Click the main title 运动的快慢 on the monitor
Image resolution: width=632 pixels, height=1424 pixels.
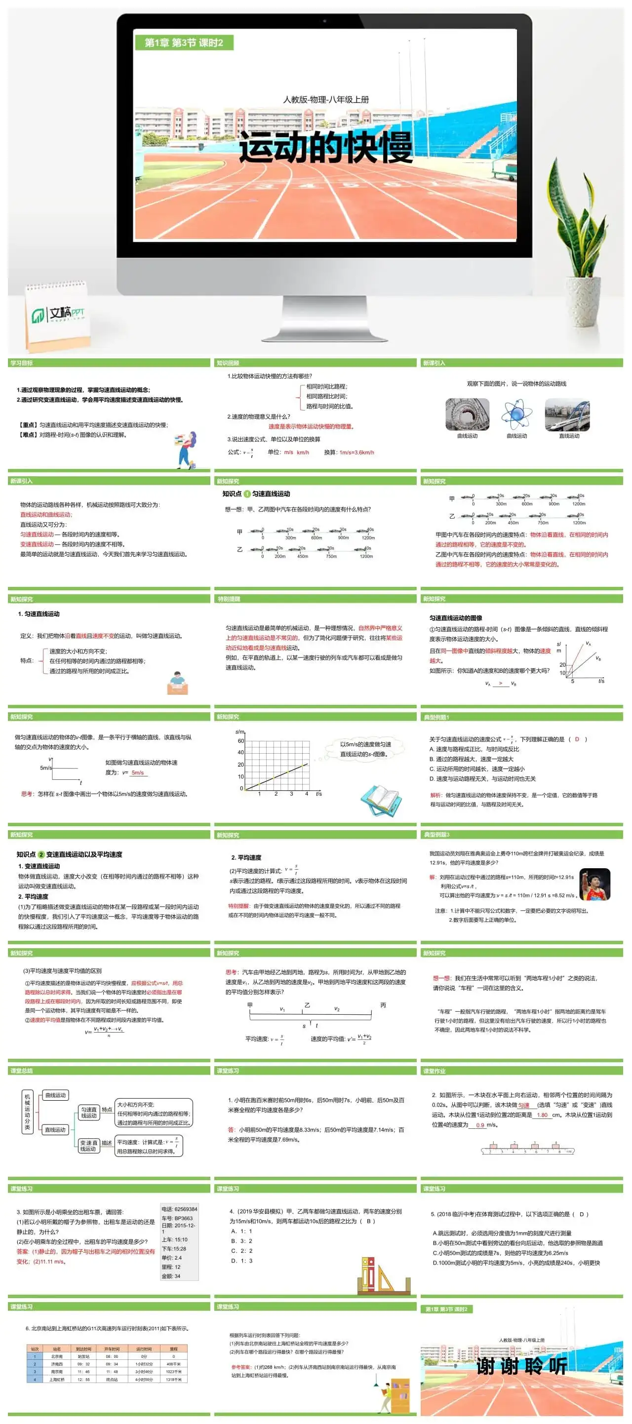tap(326, 148)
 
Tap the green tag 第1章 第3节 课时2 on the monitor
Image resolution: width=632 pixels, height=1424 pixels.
tap(184, 42)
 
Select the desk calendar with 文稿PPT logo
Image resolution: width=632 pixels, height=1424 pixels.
tap(57, 315)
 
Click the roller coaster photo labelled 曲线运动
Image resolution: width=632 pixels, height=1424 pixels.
tap(467, 414)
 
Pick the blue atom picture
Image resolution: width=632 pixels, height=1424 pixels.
tap(516, 414)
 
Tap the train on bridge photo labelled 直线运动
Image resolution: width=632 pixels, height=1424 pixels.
tap(567, 414)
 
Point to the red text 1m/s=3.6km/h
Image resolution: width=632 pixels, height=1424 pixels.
tap(356, 452)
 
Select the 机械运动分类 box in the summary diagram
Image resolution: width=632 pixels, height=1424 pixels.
tap(27, 1112)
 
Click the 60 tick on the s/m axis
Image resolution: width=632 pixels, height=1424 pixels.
tap(240, 741)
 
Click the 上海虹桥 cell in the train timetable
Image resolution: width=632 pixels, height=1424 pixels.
tap(56, 1380)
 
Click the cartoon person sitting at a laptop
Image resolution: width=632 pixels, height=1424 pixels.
tap(177, 682)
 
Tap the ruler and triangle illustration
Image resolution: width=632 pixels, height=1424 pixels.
tap(384, 1276)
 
